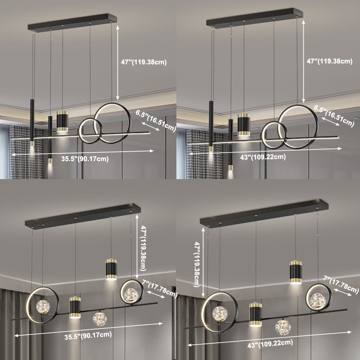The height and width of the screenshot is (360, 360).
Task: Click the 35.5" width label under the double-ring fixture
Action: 85,159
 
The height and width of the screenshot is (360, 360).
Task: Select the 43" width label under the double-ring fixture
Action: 263,157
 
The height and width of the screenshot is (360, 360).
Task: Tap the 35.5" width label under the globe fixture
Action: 88,335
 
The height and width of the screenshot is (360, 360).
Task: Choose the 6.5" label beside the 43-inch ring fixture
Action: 334,116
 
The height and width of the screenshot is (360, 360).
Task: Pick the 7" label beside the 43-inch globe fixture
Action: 341,284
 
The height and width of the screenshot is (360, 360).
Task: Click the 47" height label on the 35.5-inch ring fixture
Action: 144,62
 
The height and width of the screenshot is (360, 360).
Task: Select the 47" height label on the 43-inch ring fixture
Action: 330,61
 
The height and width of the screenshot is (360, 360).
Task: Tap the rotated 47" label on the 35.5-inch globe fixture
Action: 143,248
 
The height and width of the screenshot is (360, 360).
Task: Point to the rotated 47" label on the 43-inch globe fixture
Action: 197,264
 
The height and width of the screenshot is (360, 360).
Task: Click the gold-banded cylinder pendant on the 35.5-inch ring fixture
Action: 62,121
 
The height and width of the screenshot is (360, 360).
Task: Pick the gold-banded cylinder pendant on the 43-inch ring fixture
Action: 243,124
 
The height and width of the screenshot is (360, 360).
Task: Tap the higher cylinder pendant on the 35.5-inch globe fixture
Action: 111,269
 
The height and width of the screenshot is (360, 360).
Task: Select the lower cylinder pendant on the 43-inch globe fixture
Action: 256,314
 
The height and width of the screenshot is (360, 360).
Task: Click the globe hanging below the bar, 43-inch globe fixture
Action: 283,327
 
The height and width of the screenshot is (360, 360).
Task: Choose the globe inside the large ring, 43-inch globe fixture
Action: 220,314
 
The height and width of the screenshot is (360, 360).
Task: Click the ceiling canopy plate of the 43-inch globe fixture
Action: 264,213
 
